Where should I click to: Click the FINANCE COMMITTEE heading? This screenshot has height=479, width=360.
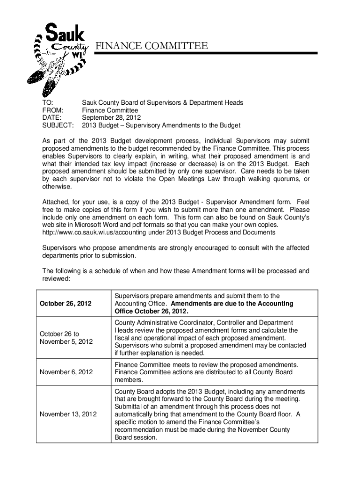point(152,45)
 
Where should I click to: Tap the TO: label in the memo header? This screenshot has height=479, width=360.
point(47,102)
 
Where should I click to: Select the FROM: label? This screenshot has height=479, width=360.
point(52,110)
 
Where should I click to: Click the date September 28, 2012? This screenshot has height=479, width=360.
point(111,118)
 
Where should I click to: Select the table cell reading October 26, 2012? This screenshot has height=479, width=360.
point(65,304)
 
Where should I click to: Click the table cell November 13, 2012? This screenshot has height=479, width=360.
point(68,414)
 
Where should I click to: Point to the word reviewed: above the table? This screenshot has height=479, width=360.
point(56,278)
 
